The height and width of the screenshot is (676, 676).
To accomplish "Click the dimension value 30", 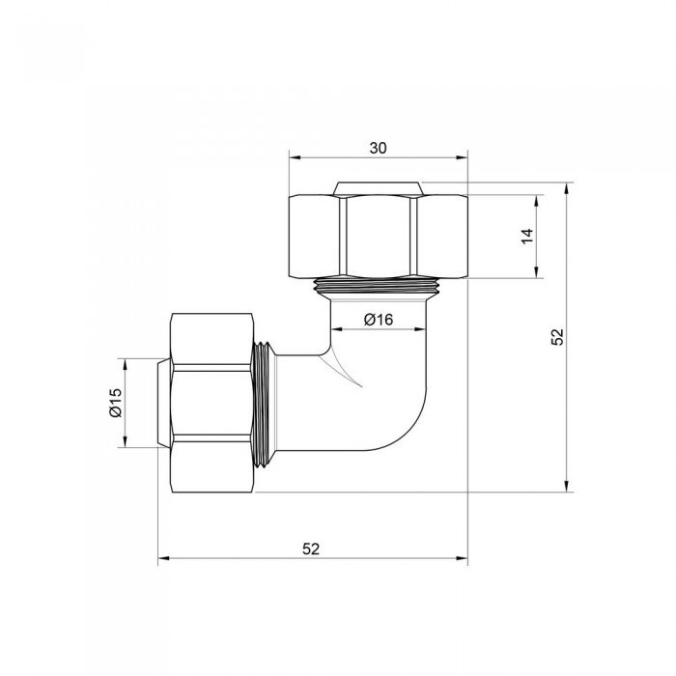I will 378,148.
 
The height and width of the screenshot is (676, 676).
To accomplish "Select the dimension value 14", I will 526,237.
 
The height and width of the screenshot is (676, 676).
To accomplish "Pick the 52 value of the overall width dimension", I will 311,549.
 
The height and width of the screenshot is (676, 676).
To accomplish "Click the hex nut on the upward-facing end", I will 378,236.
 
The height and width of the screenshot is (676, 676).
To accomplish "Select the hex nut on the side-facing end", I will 213,404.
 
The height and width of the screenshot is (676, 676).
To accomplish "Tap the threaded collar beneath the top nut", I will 378,285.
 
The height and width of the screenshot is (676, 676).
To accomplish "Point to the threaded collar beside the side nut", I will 267,404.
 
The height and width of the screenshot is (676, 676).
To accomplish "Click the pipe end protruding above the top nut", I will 378,186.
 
